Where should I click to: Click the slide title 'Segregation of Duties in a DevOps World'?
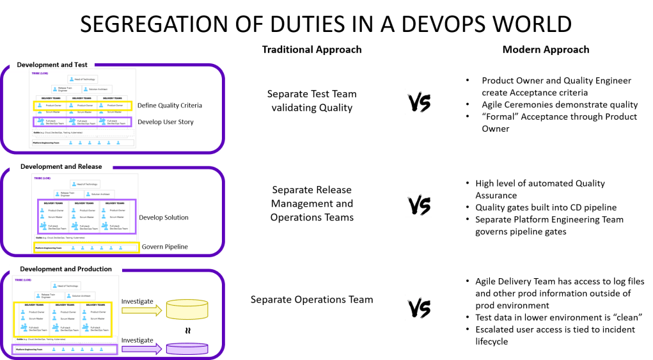pos(326,24)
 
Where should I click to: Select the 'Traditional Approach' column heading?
pos(311,50)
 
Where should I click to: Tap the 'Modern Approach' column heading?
pos(546,49)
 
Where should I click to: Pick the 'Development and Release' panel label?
pos(57,167)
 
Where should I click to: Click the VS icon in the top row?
pos(418,102)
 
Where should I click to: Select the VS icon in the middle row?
pos(418,204)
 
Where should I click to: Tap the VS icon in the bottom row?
pos(418,307)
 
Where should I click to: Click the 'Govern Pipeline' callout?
pos(164,247)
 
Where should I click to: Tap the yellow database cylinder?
pos(187,309)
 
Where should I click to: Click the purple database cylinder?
pos(187,348)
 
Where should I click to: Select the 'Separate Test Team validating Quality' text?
pos(311,101)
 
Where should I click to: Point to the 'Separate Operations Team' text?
pos(311,299)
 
